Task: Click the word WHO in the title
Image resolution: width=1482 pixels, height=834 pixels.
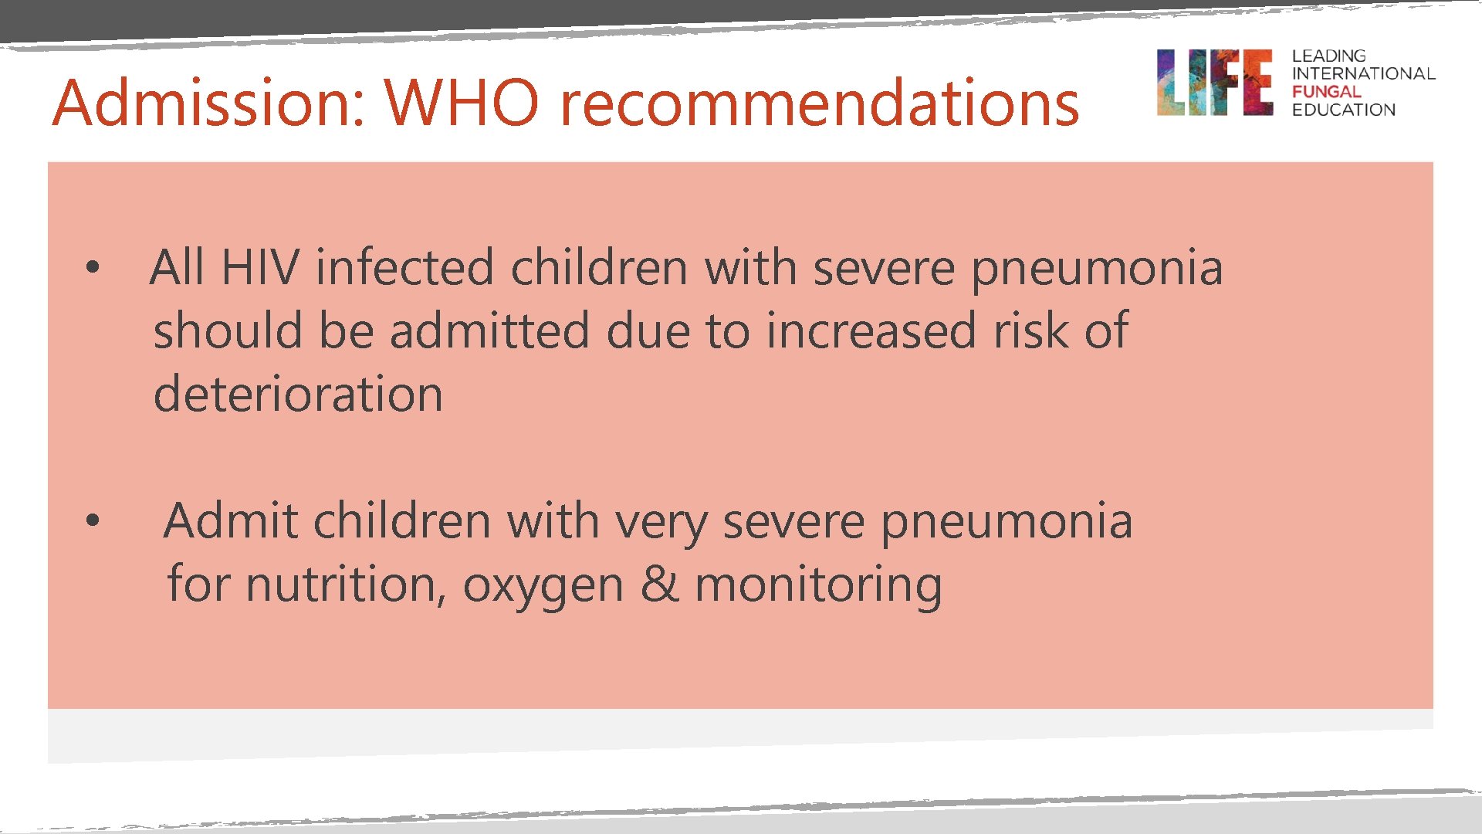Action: pyautogui.click(x=462, y=103)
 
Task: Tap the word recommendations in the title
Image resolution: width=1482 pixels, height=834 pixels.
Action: pyautogui.click(x=819, y=104)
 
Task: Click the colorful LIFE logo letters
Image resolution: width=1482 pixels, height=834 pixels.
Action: pyautogui.click(x=1214, y=83)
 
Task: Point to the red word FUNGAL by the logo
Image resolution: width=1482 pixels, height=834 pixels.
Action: pyautogui.click(x=1326, y=92)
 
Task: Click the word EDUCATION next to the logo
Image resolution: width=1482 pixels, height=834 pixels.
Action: pyautogui.click(x=1343, y=110)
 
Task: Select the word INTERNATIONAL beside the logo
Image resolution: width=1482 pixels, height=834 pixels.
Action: pyautogui.click(x=1363, y=74)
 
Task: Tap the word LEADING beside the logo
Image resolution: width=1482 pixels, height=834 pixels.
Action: pyautogui.click(x=1328, y=56)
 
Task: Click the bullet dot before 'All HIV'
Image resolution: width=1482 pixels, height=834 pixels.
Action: pyautogui.click(x=93, y=268)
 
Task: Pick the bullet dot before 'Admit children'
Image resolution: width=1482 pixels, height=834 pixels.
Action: pyautogui.click(x=93, y=521)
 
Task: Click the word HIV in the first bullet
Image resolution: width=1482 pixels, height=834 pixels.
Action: pyautogui.click(x=259, y=268)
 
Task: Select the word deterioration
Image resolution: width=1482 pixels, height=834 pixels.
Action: pyautogui.click(x=298, y=394)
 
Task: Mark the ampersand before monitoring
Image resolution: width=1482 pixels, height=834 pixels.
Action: pyautogui.click(x=659, y=585)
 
